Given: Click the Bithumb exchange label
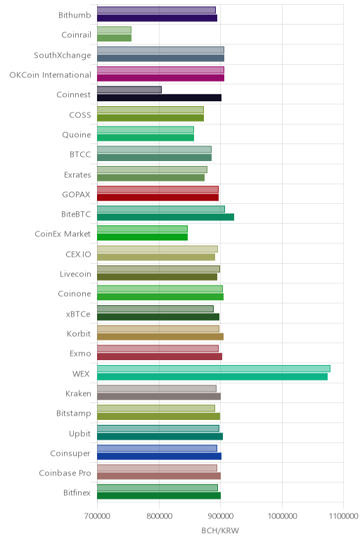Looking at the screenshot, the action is (75, 15).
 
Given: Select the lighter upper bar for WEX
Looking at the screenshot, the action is (214, 369).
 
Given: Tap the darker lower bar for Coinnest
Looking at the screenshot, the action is (159, 98).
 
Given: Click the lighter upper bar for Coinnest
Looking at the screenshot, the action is (129, 90).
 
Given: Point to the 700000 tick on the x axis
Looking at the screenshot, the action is (97, 516).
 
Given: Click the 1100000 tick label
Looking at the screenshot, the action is (343, 516).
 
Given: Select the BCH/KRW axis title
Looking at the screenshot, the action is (220, 530).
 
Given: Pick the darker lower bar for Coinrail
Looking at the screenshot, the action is (114, 38).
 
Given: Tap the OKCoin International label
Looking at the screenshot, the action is (50, 75).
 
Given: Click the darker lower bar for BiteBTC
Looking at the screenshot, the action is (165, 217).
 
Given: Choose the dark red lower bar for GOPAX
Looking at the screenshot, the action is (157, 198).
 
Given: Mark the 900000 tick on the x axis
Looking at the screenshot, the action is (221, 516).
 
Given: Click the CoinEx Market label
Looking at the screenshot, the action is (63, 234).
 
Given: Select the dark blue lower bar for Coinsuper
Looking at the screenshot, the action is (159, 456).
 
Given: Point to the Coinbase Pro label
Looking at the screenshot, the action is (65, 473).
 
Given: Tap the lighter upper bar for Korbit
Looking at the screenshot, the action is (158, 328).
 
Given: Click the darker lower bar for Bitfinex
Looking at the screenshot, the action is (159, 496).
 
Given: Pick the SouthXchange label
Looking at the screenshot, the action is (63, 55).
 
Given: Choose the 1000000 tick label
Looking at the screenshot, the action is (282, 516).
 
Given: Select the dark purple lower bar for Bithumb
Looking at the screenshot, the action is (157, 18).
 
